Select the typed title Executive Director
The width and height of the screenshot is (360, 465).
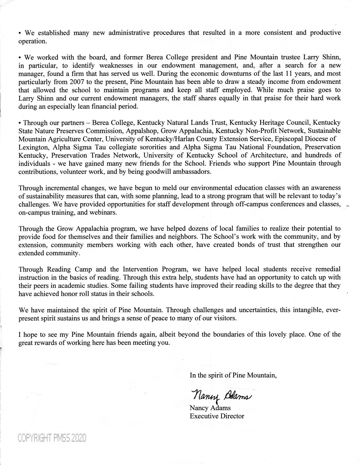pos(217,416)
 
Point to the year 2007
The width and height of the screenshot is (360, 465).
pos(85,82)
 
